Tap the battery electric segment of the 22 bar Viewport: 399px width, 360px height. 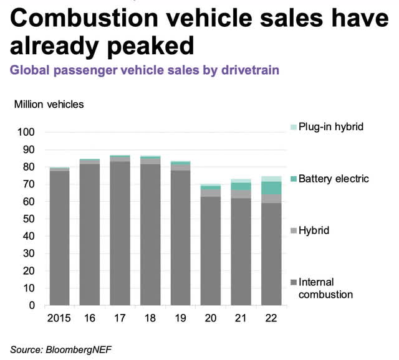[x=272, y=187]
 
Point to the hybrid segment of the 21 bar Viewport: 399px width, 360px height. [x=241, y=194]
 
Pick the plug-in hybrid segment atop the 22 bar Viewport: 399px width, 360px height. [x=272, y=179]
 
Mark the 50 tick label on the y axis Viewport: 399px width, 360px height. [x=29, y=219]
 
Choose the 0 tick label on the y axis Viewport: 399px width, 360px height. [x=32, y=306]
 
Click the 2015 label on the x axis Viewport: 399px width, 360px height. [x=60, y=318]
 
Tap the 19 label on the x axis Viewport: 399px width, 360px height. [x=181, y=318]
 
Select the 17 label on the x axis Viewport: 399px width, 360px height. [x=120, y=318]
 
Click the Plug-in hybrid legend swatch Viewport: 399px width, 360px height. [x=293, y=127]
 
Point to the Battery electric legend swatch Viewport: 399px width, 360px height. [x=293, y=179]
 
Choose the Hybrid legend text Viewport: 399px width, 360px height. [x=314, y=230]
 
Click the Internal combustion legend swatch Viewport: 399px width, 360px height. [x=293, y=283]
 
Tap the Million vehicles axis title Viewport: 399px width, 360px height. [x=49, y=104]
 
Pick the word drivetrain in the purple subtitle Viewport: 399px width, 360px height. [x=249, y=70]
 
